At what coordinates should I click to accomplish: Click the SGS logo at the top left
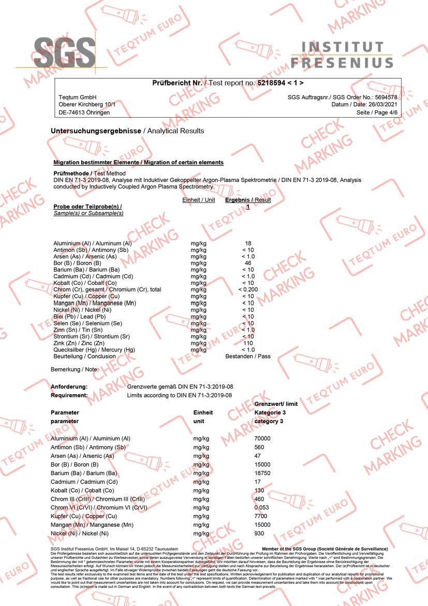[65, 51]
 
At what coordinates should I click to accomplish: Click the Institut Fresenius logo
[342, 55]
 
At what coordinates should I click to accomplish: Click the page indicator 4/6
[392, 112]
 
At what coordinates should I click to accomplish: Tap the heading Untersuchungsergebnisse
[96, 131]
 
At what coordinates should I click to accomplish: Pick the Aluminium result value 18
[248, 243]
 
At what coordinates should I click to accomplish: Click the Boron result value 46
[248, 263]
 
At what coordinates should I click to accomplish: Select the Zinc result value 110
[248, 343]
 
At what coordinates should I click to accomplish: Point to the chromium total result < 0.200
[248, 290]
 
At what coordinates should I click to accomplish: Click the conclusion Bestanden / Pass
[248, 356]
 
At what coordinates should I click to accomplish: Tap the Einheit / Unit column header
[199, 200]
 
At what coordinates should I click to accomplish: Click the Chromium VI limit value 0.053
[262, 507]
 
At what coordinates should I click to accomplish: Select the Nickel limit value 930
[259, 533]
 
